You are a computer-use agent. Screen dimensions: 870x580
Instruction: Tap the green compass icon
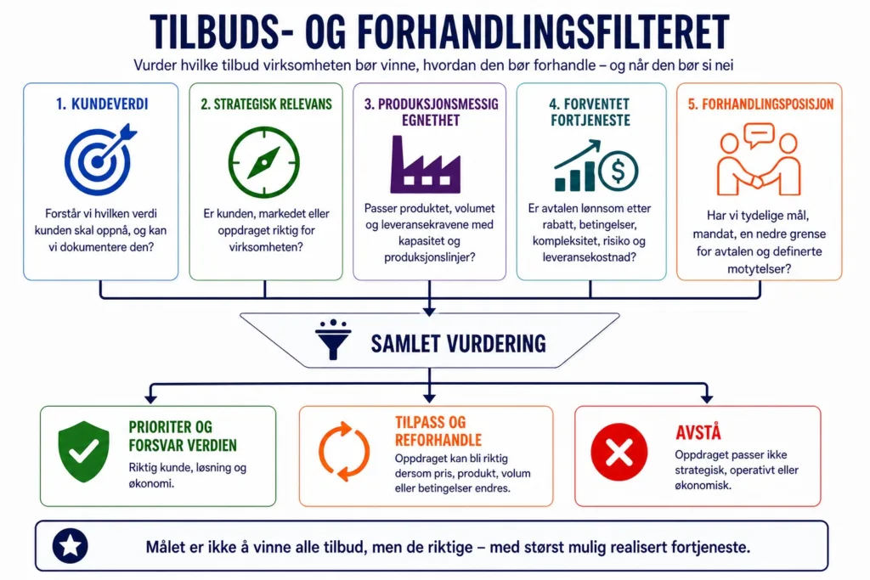coord(264,162)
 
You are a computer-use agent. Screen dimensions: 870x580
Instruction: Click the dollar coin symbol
coord(619,171)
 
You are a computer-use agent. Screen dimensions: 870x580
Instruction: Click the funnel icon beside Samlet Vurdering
coord(333,340)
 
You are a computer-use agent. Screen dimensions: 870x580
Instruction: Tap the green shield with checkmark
coord(84,452)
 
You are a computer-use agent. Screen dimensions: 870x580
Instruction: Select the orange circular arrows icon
coord(344,451)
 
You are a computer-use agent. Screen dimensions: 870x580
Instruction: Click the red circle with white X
coord(619,452)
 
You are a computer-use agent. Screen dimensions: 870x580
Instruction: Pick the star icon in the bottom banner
coord(71,546)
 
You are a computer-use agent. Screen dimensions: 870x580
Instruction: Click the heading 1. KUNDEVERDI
coord(102,104)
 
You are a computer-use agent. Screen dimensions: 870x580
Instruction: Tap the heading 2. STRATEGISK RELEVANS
coord(266,104)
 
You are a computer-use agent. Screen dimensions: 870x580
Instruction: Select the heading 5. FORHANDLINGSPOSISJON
coord(760,104)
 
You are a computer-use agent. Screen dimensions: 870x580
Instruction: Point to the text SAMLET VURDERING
coord(458,344)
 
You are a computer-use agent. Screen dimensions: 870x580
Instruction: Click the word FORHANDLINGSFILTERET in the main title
coord(544,32)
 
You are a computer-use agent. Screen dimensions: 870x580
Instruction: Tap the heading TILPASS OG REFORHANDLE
coord(438,431)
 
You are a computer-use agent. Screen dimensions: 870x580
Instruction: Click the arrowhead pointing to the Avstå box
coord(706,397)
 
